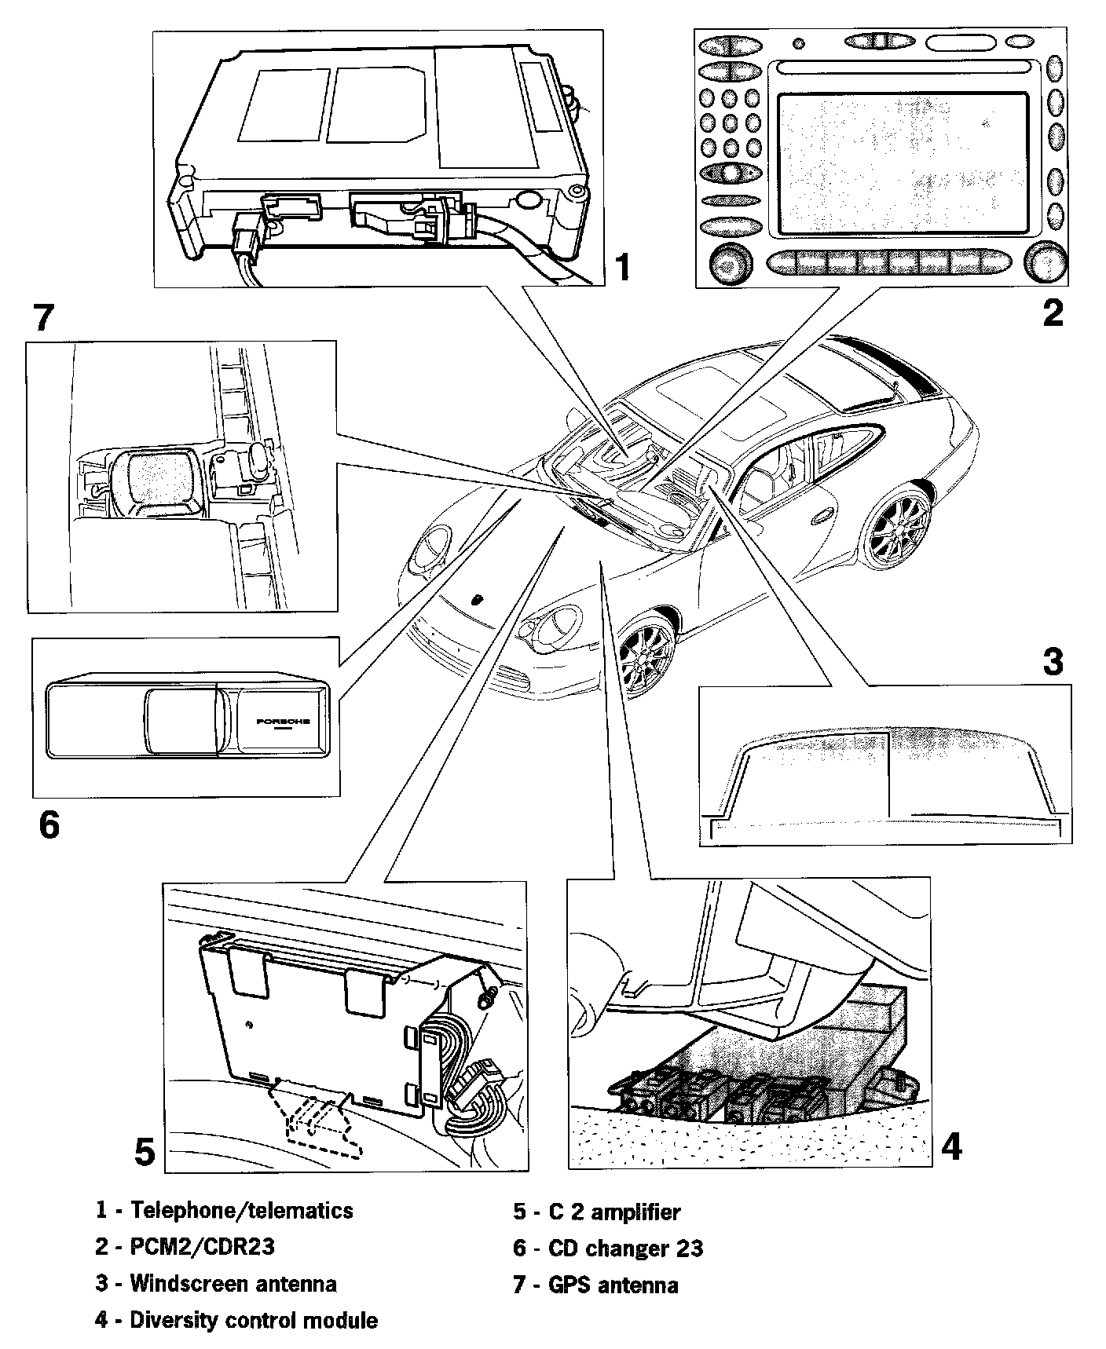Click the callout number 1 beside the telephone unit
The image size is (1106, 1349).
click(622, 267)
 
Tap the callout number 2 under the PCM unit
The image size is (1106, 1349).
click(1053, 313)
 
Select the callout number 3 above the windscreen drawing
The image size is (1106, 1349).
click(1053, 661)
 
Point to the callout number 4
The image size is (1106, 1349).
click(951, 1147)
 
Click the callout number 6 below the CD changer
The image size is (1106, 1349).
click(49, 825)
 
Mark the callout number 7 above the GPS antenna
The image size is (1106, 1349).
click(43, 318)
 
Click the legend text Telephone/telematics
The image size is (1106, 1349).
click(242, 1210)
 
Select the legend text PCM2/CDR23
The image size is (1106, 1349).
click(203, 1246)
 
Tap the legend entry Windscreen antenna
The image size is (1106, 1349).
click(233, 1284)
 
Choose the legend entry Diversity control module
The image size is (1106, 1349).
click(253, 1320)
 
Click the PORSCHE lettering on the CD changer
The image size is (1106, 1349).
click(283, 720)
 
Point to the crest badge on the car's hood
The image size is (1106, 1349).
click(478, 598)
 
